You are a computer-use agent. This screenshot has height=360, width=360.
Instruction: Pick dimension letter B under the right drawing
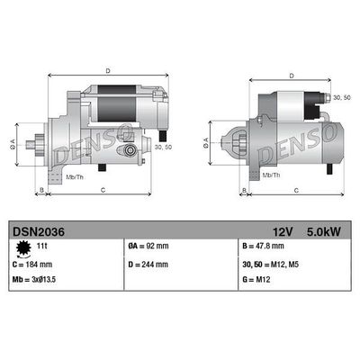246,190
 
